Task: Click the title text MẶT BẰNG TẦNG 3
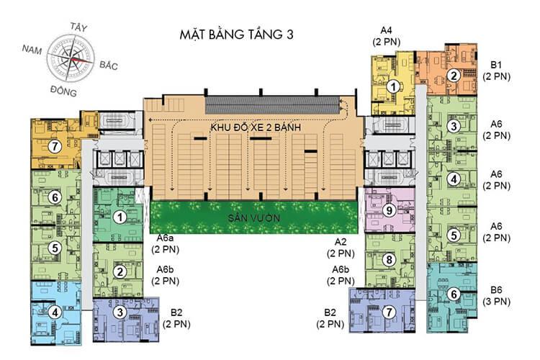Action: point(237,34)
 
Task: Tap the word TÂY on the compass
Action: point(78,27)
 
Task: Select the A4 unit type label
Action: point(386,30)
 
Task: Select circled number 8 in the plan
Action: point(389,260)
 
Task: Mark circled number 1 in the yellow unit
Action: point(392,86)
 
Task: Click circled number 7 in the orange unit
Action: point(53,146)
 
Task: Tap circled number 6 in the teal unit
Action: point(453,294)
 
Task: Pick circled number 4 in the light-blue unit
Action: point(55,312)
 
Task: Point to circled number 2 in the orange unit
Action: point(453,75)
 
